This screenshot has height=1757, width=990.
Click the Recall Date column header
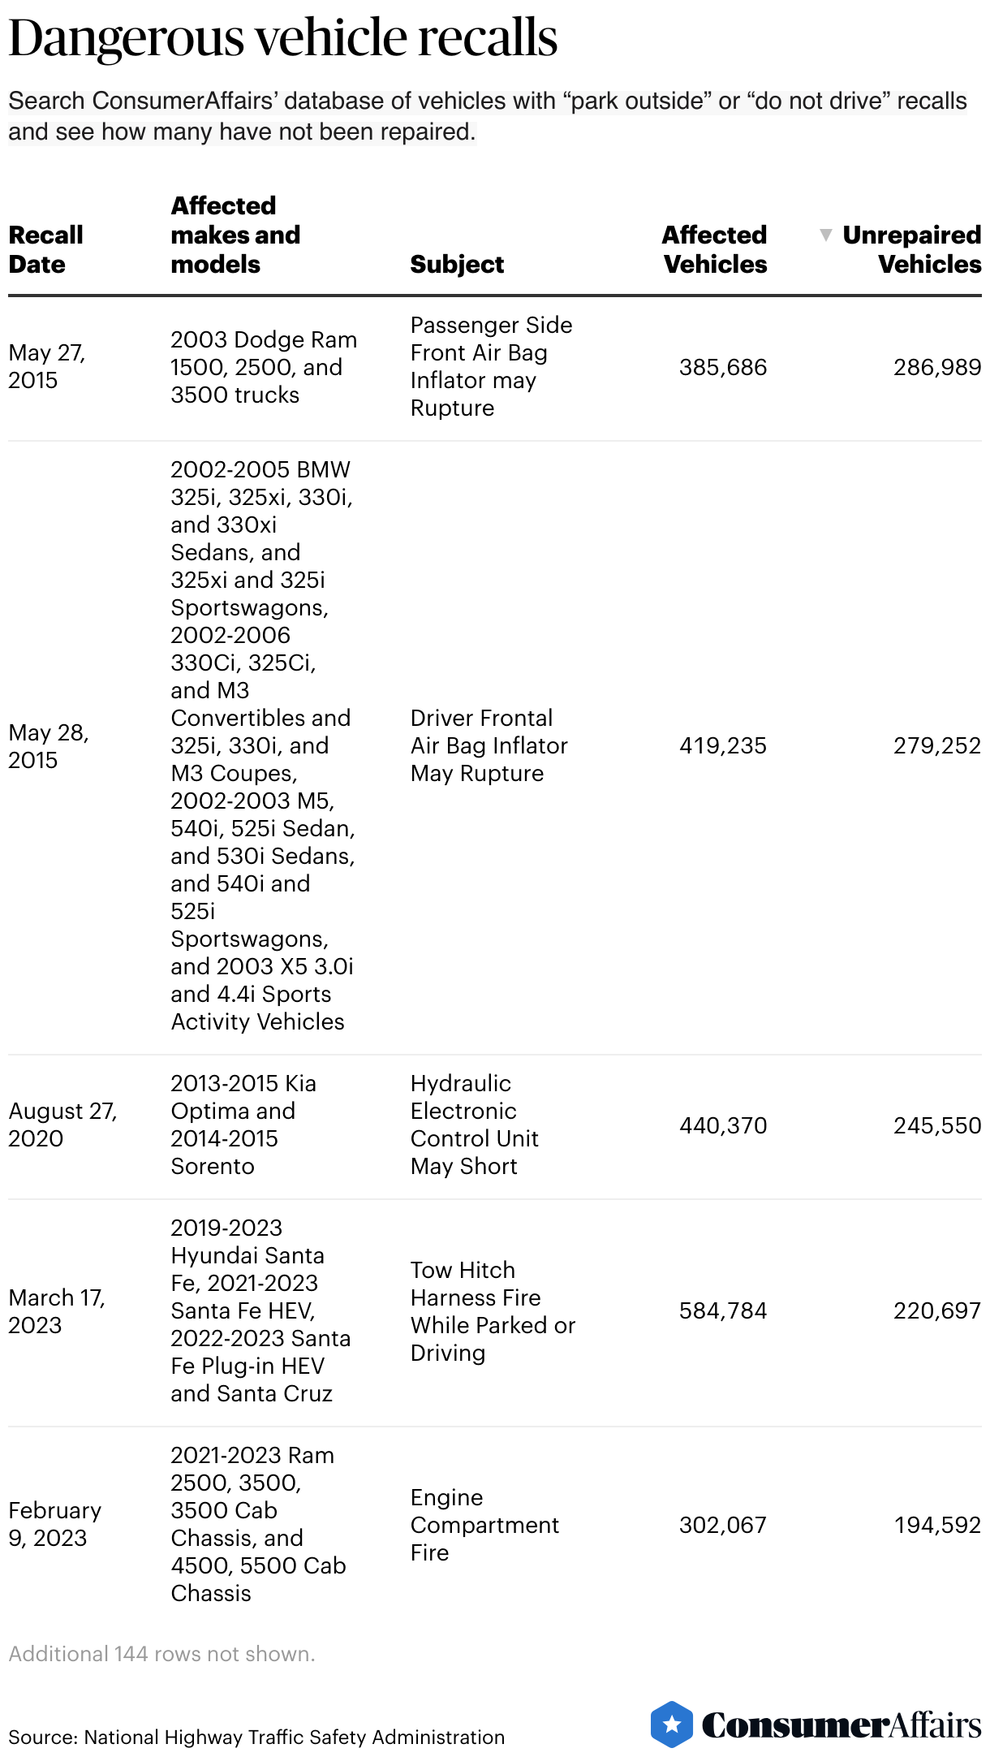[x=45, y=249]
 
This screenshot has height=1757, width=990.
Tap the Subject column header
[x=457, y=264]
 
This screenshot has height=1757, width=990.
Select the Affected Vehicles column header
[x=714, y=249]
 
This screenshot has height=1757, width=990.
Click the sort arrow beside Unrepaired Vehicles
[x=826, y=235]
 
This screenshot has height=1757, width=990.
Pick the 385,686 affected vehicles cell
[x=722, y=367]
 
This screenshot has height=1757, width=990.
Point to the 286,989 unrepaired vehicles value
[x=936, y=367]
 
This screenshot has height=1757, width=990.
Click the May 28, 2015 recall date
[x=49, y=746]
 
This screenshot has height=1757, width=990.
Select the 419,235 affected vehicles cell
[x=722, y=745]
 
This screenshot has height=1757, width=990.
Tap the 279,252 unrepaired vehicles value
[x=936, y=745]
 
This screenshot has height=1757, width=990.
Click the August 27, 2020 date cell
[x=62, y=1125]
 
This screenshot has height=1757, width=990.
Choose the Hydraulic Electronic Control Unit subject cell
[x=474, y=1125]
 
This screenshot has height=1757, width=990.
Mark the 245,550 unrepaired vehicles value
[x=936, y=1125]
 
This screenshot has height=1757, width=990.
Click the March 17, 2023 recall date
[x=57, y=1311]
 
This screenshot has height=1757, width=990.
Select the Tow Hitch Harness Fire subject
[x=493, y=1311]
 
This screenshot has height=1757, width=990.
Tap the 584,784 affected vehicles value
[x=722, y=1310]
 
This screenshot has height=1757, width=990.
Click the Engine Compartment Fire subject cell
[x=484, y=1525]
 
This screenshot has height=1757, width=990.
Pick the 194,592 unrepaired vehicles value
[x=937, y=1525]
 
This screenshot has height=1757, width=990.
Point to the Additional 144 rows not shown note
[x=161, y=1654]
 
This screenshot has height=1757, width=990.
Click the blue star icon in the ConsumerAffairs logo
[x=671, y=1724]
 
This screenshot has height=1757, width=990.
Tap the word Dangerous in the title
[x=126, y=38]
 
